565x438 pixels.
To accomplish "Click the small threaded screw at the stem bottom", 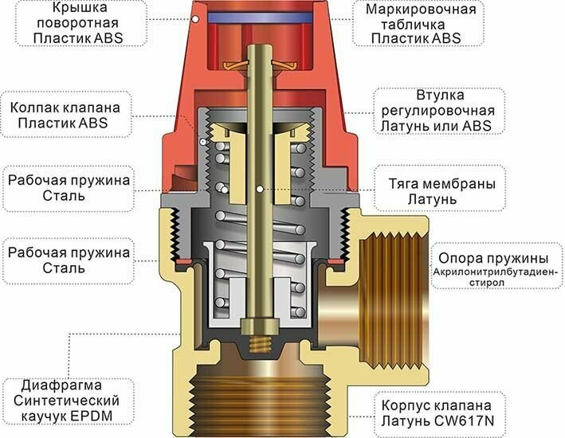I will click(x=257, y=342).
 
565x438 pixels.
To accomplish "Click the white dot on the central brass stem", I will click(x=261, y=189).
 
